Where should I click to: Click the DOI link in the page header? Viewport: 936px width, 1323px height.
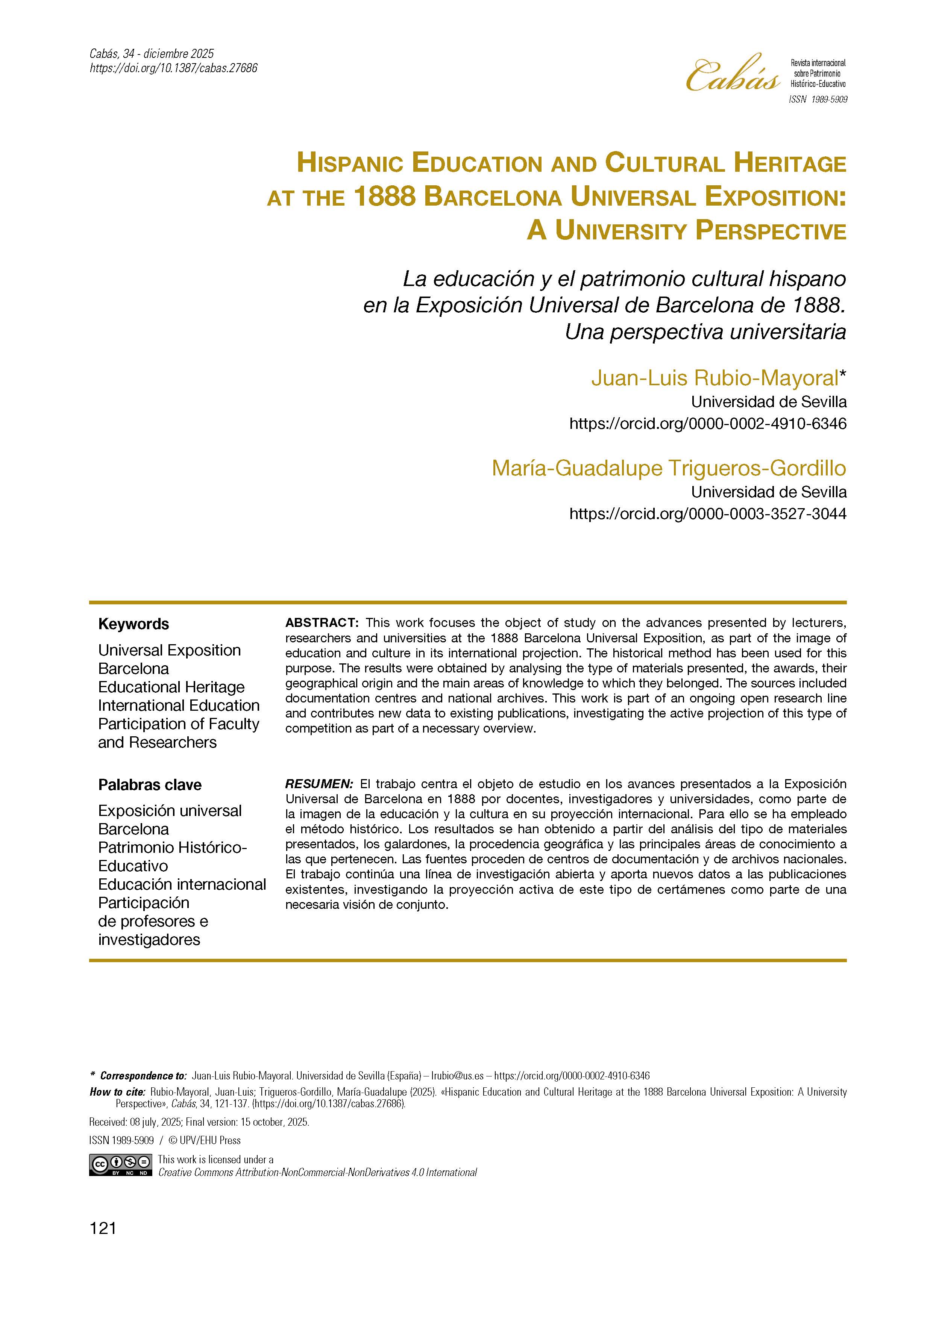(x=173, y=68)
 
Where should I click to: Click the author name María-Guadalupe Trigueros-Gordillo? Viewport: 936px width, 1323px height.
(x=669, y=468)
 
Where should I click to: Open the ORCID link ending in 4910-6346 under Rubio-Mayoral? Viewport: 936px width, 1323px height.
(x=708, y=424)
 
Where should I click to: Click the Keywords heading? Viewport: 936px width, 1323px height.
(x=134, y=624)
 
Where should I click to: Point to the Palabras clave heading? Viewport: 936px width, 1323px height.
(x=150, y=785)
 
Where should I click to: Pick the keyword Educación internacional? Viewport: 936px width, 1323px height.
(x=182, y=884)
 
